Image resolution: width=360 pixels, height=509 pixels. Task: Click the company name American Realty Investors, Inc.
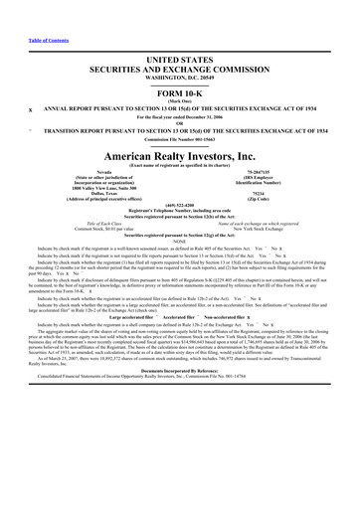tap(180, 154)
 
